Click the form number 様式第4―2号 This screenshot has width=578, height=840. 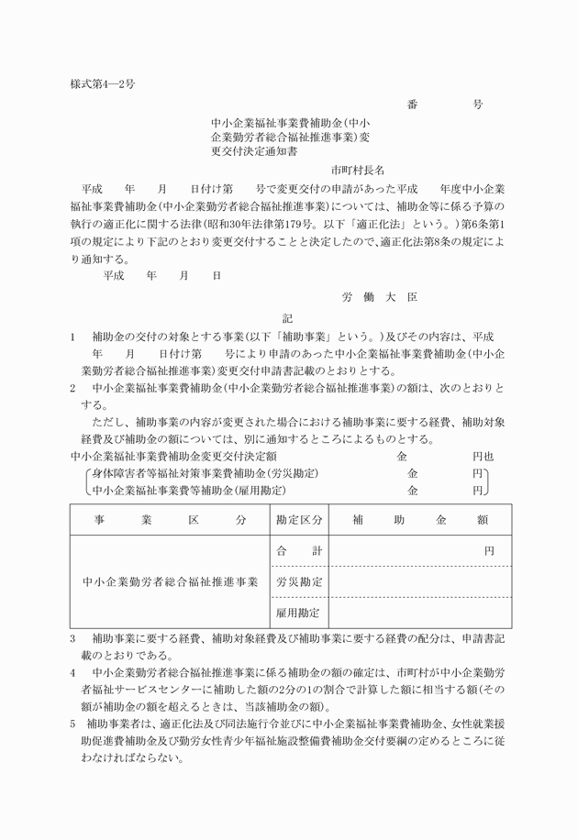point(102,84)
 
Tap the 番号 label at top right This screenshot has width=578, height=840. point(444,105)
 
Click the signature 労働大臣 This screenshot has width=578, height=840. point(380,298)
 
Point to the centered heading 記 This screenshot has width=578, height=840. point(287,318)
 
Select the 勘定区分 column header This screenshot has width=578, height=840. point(299,520)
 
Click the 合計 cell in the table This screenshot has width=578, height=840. point(299,551)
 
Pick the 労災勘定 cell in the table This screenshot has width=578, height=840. point(299,581)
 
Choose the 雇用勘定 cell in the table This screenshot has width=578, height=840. point(299,612)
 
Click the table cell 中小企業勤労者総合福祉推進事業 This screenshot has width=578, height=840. point(170,581)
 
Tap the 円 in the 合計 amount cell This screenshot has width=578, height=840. point(490,551)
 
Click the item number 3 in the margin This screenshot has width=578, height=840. point(73,637)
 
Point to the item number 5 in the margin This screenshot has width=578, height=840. point(73,724)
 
